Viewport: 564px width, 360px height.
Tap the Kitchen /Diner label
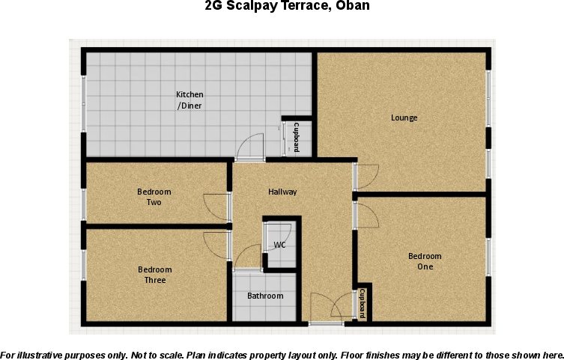pos(189,100)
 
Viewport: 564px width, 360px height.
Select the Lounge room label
pos(404,118)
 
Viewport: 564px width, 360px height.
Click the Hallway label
pos(282,192)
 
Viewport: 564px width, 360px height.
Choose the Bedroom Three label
pos(155,275)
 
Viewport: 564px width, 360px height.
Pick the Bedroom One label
pos(420,261)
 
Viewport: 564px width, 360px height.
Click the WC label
pos(279,245)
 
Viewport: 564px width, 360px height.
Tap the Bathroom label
pos(265,296)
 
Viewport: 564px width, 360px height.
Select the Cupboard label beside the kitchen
pos(297,137)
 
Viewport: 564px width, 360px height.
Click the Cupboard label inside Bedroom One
pos(363,303)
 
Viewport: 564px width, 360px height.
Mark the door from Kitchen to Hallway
pos(250,147)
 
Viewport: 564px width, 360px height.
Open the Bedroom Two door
pos(216,207)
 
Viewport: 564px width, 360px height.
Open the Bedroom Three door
pos(216,245)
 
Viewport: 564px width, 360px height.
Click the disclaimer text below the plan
pos(282,354)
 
